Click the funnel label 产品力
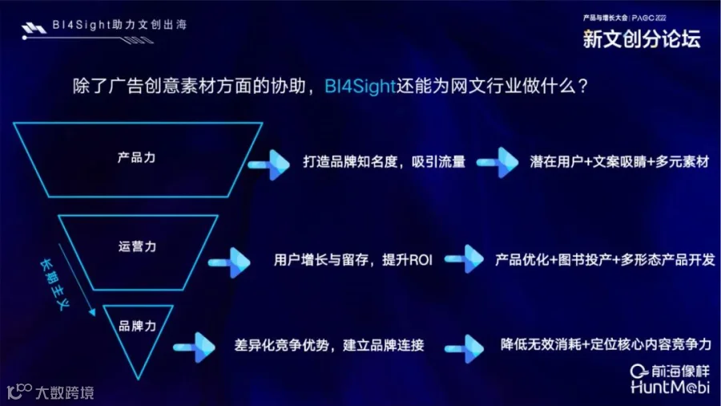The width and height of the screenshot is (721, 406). [136, 157]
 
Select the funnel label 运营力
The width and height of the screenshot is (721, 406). [137, 246]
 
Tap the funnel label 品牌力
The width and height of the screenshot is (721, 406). [137, 327]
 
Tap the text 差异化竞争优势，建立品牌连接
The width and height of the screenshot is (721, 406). [329, 345]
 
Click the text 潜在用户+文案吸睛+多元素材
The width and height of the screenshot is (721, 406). [619, 162]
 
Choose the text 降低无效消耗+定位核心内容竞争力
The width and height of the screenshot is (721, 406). [606, 343]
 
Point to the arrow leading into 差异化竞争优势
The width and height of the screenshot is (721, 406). [196, 345]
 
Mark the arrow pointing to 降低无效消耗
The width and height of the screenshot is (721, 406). [465, 345]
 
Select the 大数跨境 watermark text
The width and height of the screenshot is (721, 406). [64, 392]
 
